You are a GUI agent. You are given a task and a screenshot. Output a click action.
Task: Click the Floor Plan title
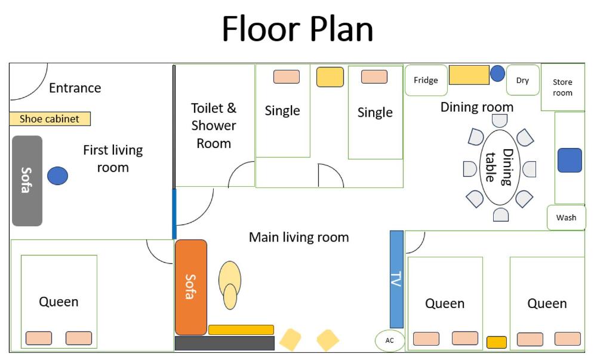[x=297, y=29]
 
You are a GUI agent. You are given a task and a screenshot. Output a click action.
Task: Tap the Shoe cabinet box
[x=50, y=119]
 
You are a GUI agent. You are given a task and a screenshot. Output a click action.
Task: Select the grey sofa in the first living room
[x=27, y=181]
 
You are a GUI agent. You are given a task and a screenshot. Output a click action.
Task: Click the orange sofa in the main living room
[x=191, y=287]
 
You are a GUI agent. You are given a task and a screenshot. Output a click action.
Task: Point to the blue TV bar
[x=396, y=279]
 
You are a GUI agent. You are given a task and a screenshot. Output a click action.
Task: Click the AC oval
[x=390, y=340]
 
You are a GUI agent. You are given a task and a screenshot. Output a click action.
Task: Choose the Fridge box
[x=426, y=80]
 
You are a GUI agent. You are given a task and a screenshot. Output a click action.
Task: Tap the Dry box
[x=523, y=80]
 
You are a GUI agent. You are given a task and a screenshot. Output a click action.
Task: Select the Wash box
[x=567, y=217]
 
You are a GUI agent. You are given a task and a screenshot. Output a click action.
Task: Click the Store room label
[x=562, y=87]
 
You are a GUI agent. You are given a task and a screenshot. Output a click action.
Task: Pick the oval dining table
[x=500, y=167]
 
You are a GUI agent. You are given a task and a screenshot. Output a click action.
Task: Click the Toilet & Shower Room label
[x=214, y=125]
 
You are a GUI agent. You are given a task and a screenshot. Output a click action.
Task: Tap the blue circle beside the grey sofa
[x=57, y=176]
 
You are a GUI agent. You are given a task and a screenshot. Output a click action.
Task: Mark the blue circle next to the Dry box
[x=497, y=73]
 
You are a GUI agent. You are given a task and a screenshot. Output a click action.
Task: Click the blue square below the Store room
[x=570, y=160]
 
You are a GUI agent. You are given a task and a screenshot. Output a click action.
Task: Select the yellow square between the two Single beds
[x=330, y=77]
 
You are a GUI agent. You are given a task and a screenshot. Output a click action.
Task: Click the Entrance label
[x=75, y=88]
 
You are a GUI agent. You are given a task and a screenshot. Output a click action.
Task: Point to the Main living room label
[x=299, y=237]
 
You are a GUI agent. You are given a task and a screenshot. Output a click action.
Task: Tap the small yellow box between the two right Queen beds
[x=497, y=342]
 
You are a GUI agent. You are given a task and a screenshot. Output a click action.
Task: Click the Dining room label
[x=477, y=107]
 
